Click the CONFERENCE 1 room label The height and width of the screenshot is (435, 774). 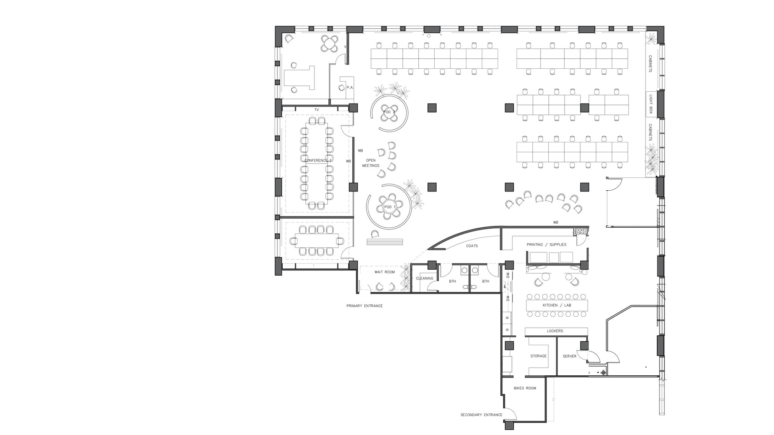pos(318,160)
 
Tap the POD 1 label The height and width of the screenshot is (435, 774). pos(389,207)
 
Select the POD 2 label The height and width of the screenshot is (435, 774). pos(389,112)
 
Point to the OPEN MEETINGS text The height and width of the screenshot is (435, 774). pos(371,163)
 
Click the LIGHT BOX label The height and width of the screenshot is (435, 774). pos(650,104)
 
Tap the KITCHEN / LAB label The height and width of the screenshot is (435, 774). pos(557,305)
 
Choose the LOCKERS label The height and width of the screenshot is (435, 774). pos(555,331)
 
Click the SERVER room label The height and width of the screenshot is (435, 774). pos(569,356)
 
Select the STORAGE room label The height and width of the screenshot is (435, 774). pos(538,356)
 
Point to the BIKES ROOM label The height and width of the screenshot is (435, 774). pos(525,388)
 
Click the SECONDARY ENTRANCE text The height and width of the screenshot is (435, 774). pos(481,415)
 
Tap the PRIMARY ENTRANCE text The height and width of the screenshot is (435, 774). pos(364,306)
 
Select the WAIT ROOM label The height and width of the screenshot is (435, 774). pos(384,272)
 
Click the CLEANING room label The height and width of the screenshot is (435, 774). pos(424,278)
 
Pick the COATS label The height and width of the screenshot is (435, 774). pos(472,246)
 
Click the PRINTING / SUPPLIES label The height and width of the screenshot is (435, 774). pos(546,245)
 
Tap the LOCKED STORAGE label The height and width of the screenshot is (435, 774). pos(580,232)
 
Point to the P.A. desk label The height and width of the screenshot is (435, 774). pos(350,88)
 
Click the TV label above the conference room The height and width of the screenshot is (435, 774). pos(317,110)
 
